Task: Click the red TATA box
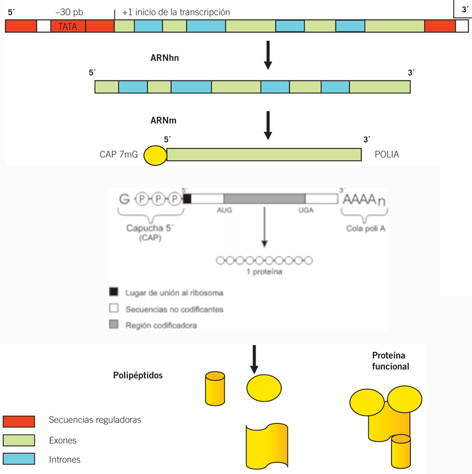(68, 26)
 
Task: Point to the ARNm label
(164, 120)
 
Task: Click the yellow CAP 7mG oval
(155, 155)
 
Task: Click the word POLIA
(387, 155)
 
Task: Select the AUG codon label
(225, 211)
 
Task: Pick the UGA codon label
(306, 211)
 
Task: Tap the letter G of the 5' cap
(124, 198)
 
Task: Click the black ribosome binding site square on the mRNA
(187, 198)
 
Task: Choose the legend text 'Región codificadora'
(161, 325)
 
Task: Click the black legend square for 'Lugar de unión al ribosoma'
(114, 292)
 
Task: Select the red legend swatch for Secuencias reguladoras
(19, 422)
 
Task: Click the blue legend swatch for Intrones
(19, 459)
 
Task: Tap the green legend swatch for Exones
(19, 440)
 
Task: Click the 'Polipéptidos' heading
(138, 375)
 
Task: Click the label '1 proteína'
(264, 272)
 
